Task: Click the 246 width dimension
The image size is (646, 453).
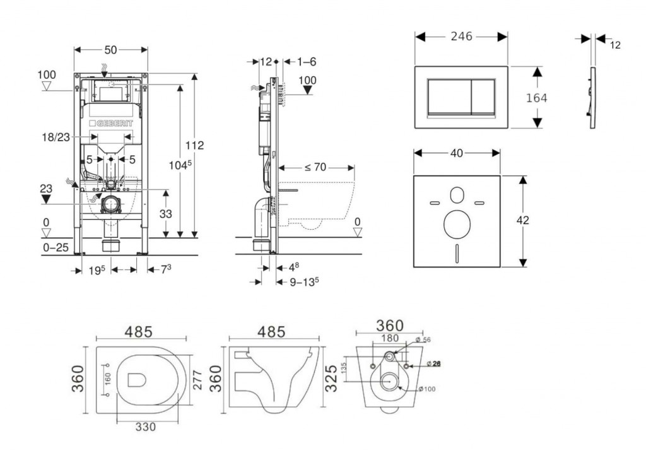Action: tap(462, 37)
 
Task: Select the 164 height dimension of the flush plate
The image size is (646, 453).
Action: tap(536, 98)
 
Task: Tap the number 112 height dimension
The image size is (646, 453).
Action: tap(194, 145)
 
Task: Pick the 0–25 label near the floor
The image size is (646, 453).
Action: tap(56, 248)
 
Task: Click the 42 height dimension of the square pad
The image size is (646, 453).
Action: tap(522, 220)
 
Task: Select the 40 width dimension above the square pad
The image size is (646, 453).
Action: tap(457, 153)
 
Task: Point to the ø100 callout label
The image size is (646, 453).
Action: tap(426, 389)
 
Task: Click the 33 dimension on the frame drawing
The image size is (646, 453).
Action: tap(165, 214)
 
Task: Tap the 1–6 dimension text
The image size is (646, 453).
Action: tap(306, 61)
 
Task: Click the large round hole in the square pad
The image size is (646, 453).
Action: tap(457, 223)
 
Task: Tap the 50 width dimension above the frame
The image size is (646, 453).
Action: tap(111, 49)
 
